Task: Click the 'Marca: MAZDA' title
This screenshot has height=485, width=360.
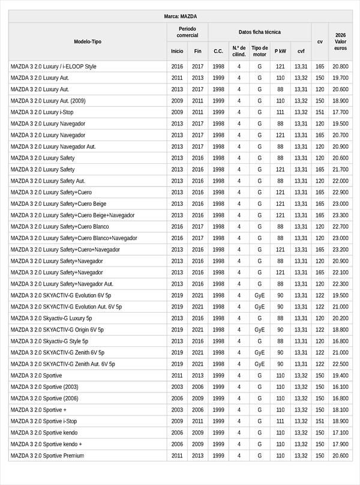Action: point(180,16)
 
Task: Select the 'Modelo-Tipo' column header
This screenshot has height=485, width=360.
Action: point(88,41)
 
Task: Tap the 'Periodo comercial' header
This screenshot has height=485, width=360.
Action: point(187,32)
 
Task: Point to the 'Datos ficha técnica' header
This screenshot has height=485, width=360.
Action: point(259,32)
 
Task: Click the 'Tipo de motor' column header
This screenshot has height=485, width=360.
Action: point(260,51)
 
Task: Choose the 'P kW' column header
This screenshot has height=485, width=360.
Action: point(280,52)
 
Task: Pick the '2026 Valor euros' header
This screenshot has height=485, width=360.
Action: point(340,41)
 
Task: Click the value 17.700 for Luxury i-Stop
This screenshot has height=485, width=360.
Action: point(340,112)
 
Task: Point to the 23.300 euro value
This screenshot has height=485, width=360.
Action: point(340,215)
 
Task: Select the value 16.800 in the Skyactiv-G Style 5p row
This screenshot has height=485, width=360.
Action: point(340,341)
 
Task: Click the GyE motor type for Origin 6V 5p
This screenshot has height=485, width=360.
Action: point(260,330)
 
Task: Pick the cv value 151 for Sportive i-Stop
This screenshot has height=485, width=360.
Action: point(320,421)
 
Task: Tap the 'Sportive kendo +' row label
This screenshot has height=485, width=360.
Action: point(46,444)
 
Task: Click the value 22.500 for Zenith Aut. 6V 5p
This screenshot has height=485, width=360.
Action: point(340,364)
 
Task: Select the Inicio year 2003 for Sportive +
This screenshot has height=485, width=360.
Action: point(177,410)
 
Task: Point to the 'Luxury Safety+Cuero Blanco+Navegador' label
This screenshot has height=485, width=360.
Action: point(74,238)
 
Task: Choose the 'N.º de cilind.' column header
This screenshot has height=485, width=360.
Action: point(239,51)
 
